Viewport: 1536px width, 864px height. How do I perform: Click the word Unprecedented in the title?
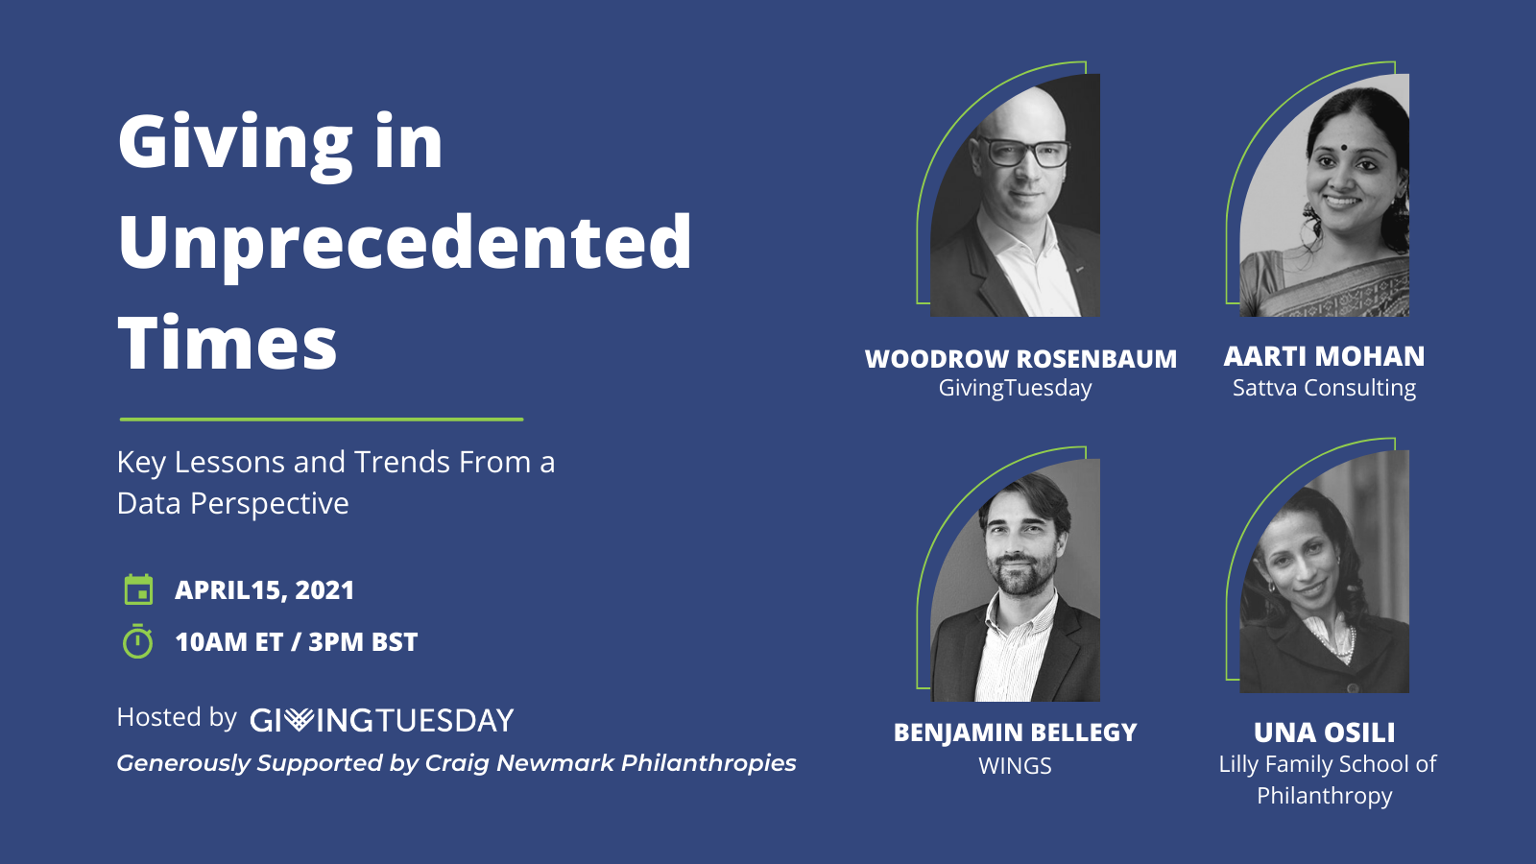[x=404, y=245]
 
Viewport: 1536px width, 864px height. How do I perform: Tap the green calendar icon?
[x=138, y=589]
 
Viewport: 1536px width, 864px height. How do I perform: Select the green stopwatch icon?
[x=138, y=641]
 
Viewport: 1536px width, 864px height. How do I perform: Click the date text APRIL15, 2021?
[x=264, y=590]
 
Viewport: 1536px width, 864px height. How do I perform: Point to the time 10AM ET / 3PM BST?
[x=297, y=642]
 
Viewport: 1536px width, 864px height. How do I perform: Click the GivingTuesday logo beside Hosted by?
[x=382, y=720]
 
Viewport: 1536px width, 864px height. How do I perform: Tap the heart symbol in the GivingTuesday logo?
[x=299, y=719]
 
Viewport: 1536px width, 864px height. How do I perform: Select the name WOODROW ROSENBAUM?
[x=1021, y=359]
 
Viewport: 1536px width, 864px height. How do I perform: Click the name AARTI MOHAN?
[x=1324, y=356]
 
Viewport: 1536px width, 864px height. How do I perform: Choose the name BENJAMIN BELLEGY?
[x=1015, y=732]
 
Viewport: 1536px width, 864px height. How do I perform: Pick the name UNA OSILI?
[x=1324, y=732]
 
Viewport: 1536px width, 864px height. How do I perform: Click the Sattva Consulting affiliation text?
[x=1324, y=388]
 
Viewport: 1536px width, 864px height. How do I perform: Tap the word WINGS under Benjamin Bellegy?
[x=1015, y=765]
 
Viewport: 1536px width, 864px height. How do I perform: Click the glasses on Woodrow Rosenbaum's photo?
[x=1025, y=152]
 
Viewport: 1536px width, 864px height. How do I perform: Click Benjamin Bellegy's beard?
[x=1021, y=575]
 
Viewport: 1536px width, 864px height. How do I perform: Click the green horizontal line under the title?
[x=322, y=419]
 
